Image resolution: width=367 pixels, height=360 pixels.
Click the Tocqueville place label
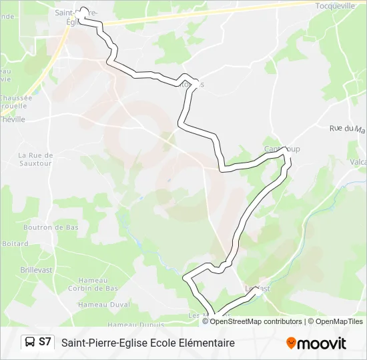point(335,5)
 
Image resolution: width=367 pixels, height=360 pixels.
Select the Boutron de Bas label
point(51,227)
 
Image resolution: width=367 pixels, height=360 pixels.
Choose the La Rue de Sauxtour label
point(35,159)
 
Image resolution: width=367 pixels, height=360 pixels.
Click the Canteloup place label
point(282,149)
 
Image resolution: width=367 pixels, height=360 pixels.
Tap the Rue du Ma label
point(347,129)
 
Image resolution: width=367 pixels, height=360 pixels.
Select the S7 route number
point(45,343)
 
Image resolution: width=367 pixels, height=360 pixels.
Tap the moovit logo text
point(322,343)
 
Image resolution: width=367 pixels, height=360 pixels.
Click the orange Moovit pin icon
point(291,343)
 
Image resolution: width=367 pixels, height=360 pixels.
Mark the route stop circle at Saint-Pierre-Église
point(84,11)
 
